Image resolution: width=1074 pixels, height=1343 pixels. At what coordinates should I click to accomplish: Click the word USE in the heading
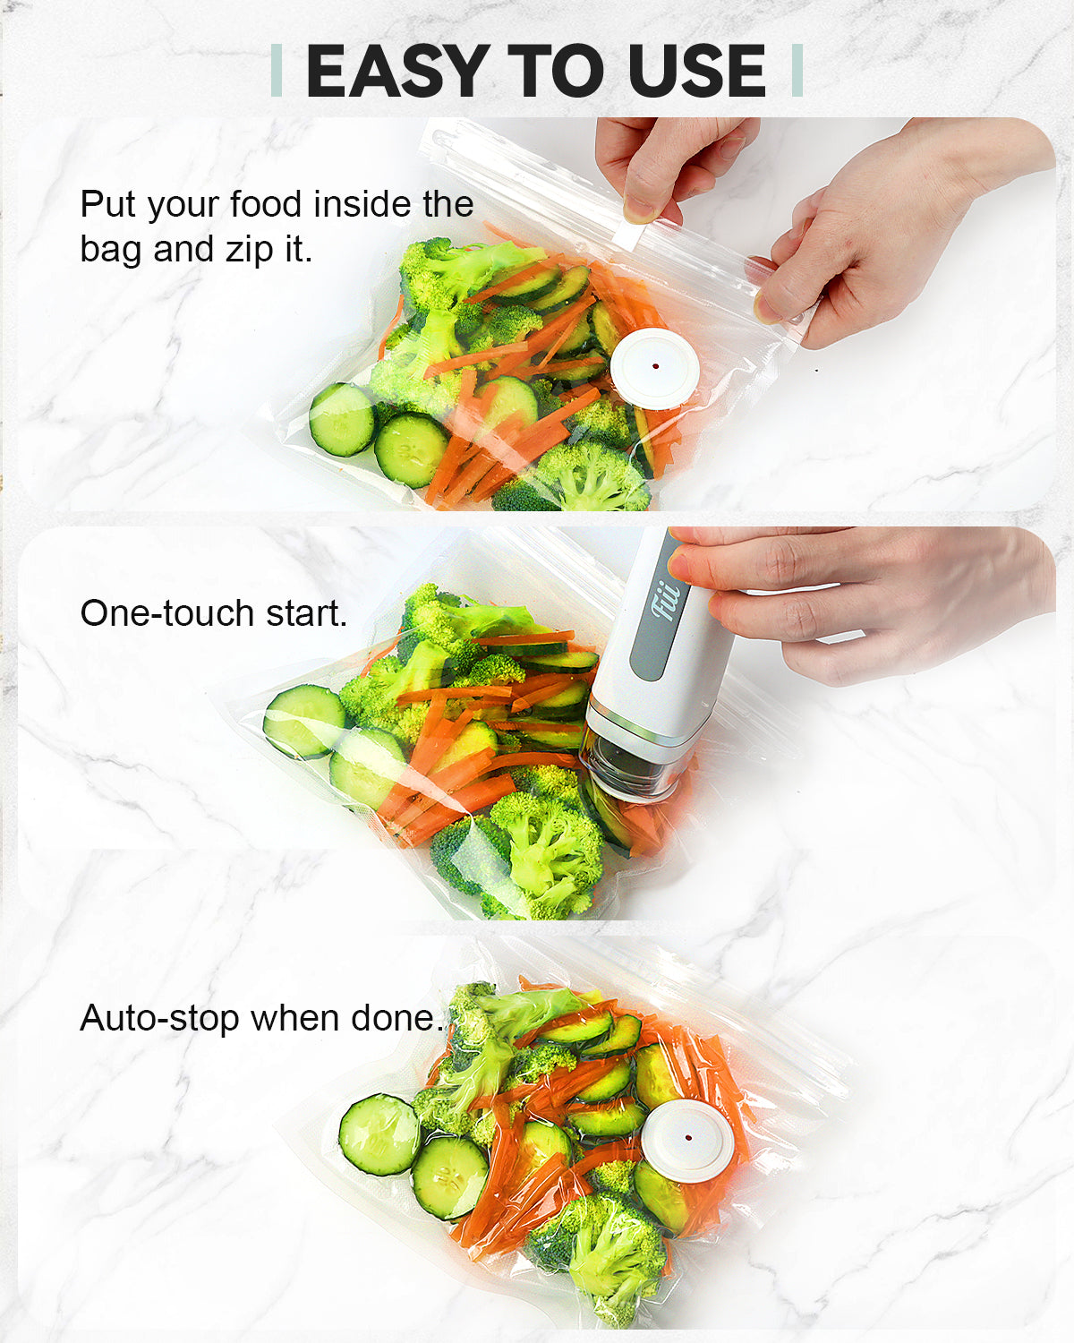pos(696,71)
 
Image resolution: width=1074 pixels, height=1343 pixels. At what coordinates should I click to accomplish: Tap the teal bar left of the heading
pos(277,70)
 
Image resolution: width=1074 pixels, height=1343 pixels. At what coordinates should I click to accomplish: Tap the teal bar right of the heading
pos(797,70)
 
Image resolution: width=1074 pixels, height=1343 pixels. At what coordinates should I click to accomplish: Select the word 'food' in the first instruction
pos(268,204)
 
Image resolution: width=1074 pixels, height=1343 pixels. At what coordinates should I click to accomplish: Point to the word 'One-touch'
pos(167,613)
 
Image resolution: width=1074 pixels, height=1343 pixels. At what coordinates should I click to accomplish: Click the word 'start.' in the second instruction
pos(306,614)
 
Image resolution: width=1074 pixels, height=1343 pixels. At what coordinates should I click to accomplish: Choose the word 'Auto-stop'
pos(160,1020)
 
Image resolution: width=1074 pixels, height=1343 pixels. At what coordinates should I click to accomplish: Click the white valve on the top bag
pos(654,368)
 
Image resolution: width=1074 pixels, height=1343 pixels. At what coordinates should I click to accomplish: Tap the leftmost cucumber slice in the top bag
pos(342,418)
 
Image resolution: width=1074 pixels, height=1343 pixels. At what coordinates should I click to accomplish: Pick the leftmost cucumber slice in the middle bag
pos(304,721)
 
